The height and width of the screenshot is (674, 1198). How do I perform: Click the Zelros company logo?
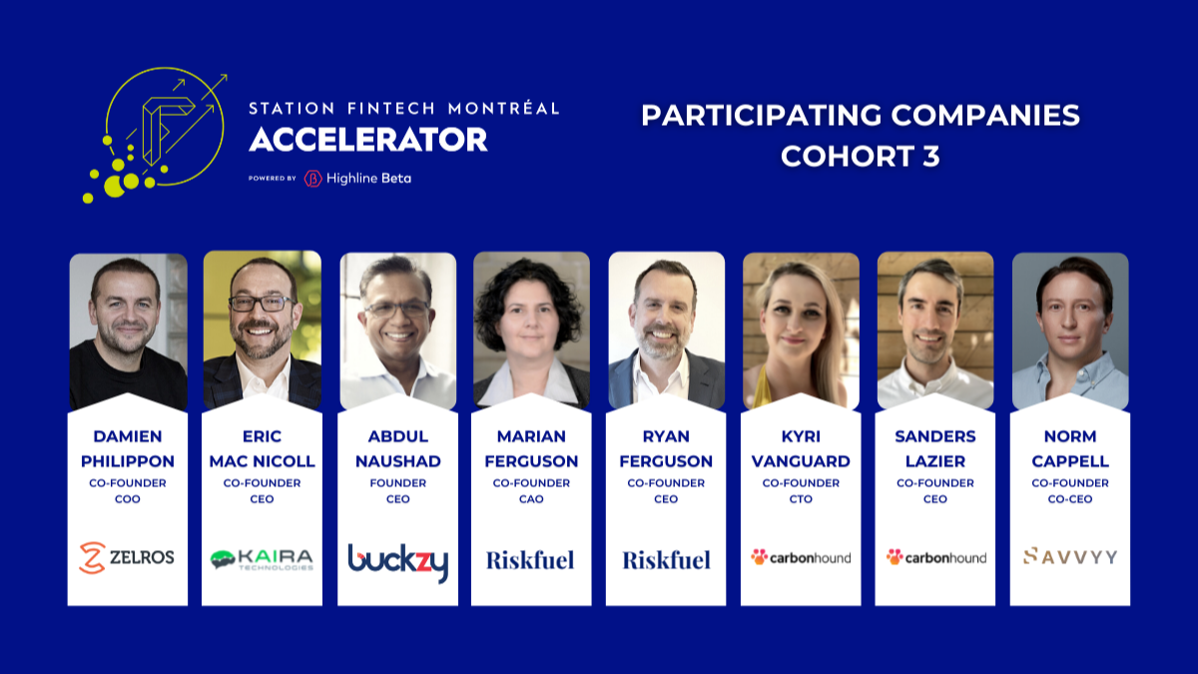(x=127, y=557)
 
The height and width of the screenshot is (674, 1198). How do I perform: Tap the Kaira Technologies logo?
(x=262, y=559)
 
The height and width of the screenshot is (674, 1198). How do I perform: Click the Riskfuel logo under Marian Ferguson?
(x=530, y=560)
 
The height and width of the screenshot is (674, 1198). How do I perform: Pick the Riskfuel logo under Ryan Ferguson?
(x=667, y=560)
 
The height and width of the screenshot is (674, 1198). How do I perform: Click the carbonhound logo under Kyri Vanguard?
(x=801, y=557)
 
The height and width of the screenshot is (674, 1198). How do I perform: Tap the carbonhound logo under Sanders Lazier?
(x=936, y=557)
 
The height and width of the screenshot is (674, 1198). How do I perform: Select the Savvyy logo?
(x=1070, y=556)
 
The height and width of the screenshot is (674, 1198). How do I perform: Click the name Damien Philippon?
(x=128, y=448)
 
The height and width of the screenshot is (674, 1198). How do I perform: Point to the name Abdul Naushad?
(x=398, y=448)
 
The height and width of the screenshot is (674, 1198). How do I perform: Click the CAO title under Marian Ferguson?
(x=531, y=499)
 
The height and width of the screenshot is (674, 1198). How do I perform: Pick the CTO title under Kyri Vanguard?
(x=801, y=499)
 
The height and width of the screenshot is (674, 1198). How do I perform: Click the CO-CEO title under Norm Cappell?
(x=1070, y=499)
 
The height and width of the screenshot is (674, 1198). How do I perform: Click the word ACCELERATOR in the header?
(x=368, y=140)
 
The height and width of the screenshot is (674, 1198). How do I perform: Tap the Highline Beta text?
(x=368, y=178)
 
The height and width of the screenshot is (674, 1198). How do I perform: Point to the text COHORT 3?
(x=860, y=156)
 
